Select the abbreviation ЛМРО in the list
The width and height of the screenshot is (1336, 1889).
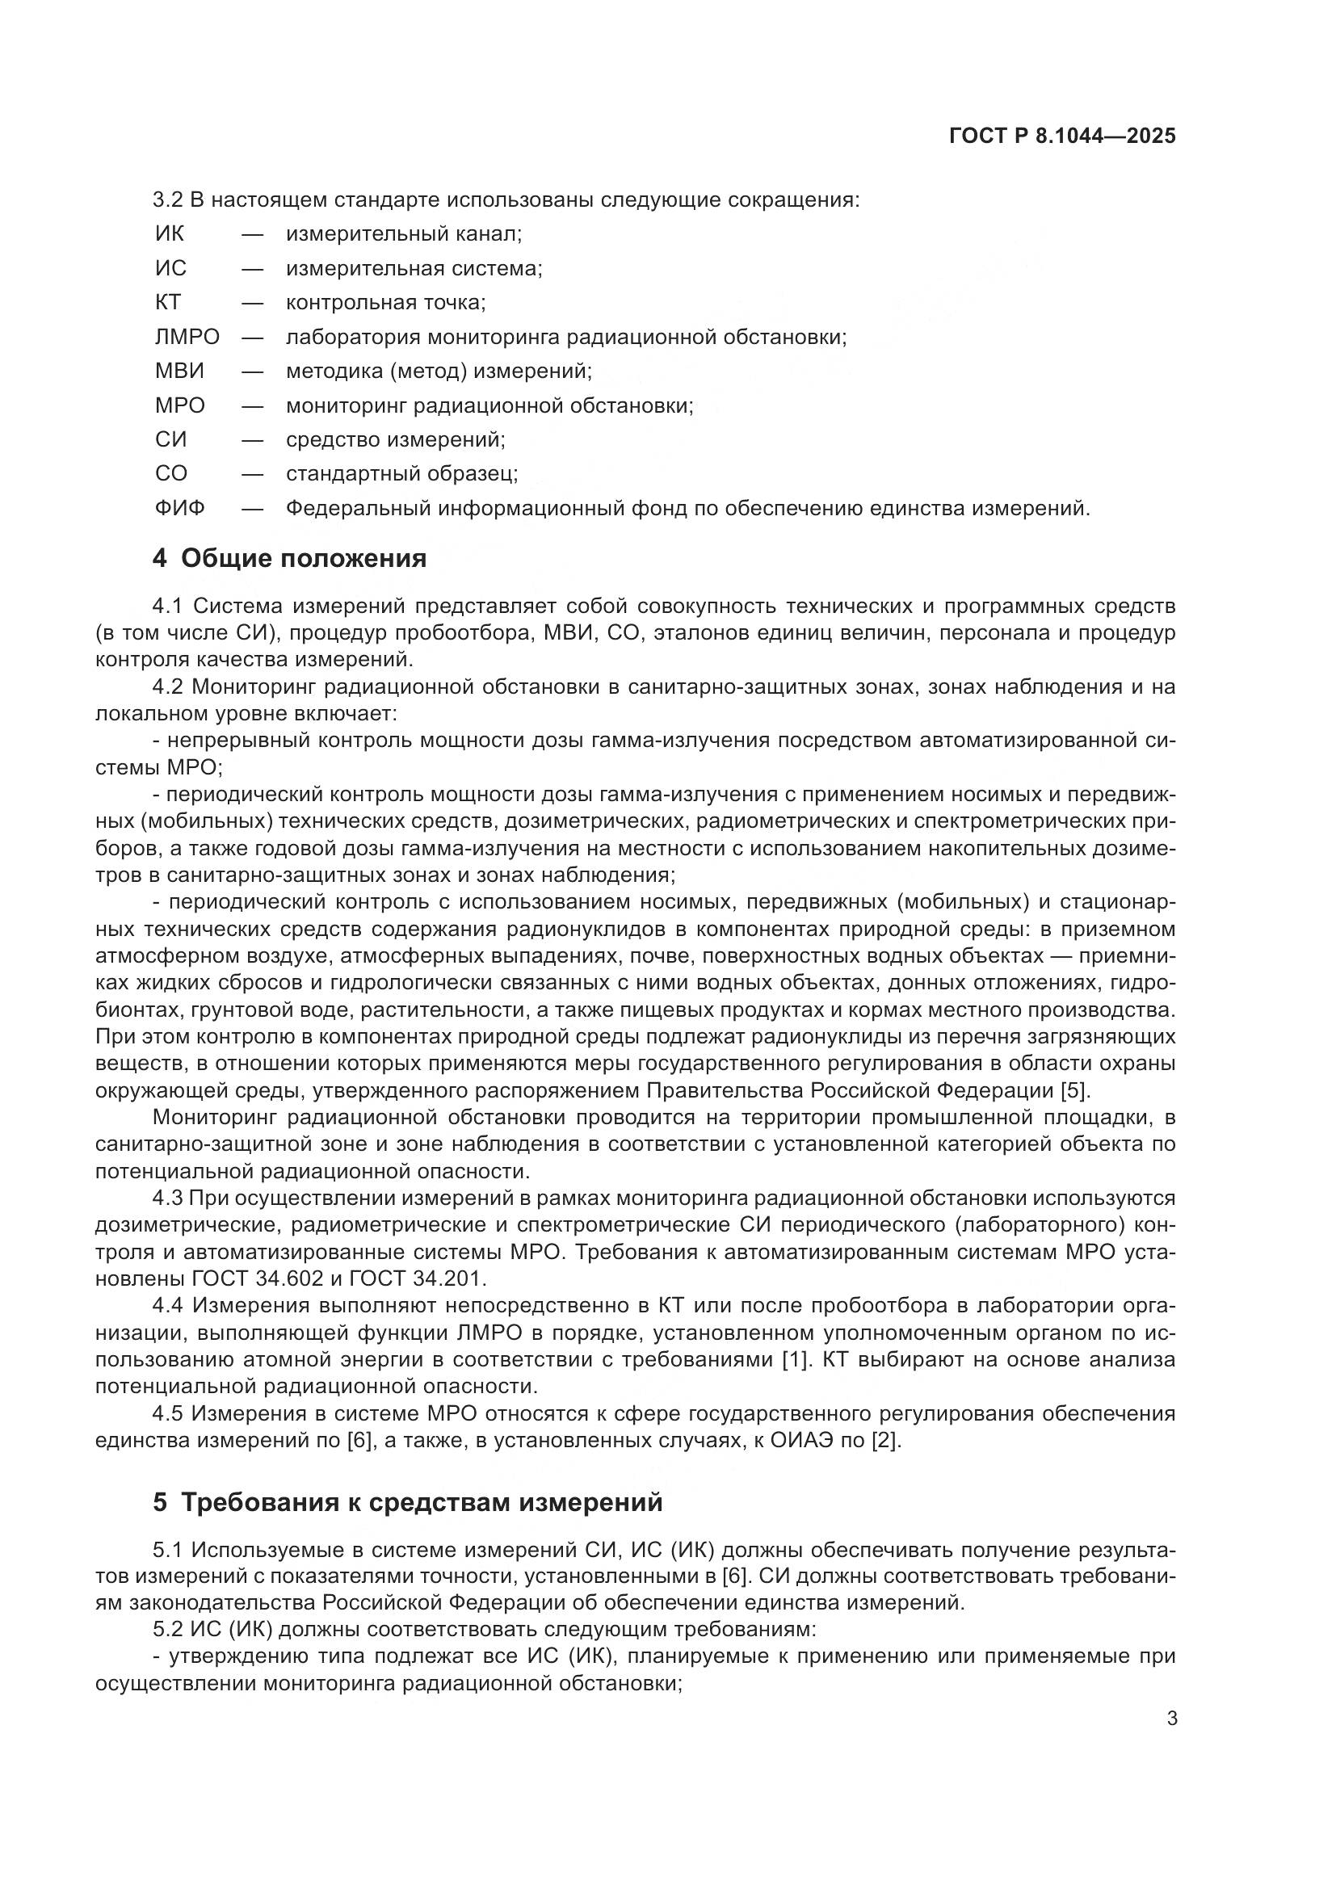pos(187,337)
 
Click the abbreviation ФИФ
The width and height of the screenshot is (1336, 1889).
pos(179,508)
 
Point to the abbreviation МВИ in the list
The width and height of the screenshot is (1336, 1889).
pos(179,371)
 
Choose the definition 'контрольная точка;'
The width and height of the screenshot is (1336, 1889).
pos(386,302)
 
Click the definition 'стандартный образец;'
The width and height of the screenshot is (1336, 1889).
pos(401,473)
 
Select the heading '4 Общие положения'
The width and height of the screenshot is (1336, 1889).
pos(290,558)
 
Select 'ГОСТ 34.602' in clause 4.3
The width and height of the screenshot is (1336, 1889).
pos(253,1278)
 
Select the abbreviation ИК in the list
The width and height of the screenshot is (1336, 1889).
pos(170,233)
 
